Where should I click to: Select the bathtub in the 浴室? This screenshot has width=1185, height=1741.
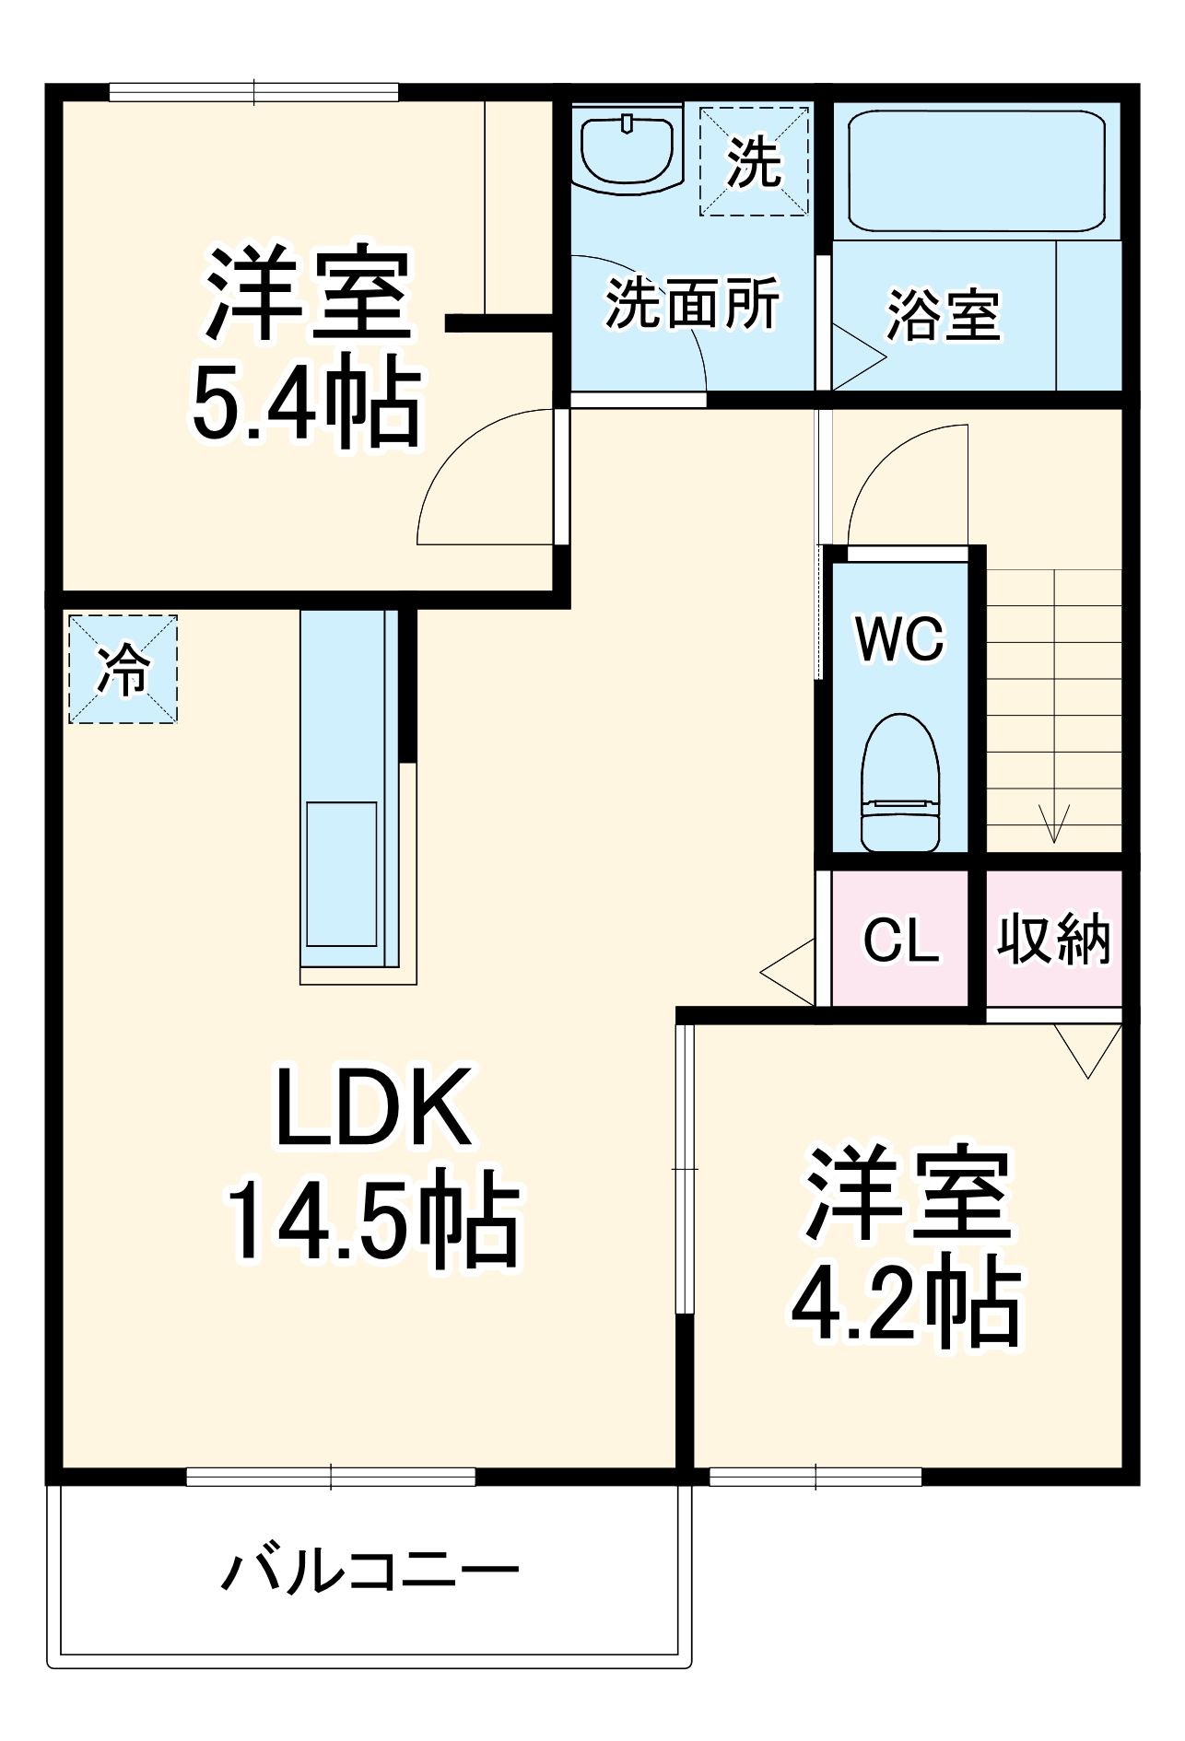pos(975,171)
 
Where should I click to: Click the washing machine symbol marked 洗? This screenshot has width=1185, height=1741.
pos(754,162)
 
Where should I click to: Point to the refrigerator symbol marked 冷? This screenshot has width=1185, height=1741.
pos(123,669)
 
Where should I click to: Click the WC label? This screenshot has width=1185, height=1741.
pos(900,637)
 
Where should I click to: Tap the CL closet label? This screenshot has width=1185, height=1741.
pos(900,941)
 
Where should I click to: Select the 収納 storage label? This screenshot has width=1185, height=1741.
pos(1054,940)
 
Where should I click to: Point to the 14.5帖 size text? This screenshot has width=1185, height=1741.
pos(374,1218)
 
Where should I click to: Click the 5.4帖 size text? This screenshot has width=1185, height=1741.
pos(306,402)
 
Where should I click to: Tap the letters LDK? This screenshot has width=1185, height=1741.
pos(374,1107)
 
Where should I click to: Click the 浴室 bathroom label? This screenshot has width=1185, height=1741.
pos(944,315)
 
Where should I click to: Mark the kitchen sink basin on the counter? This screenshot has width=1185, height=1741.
pos(341,873)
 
